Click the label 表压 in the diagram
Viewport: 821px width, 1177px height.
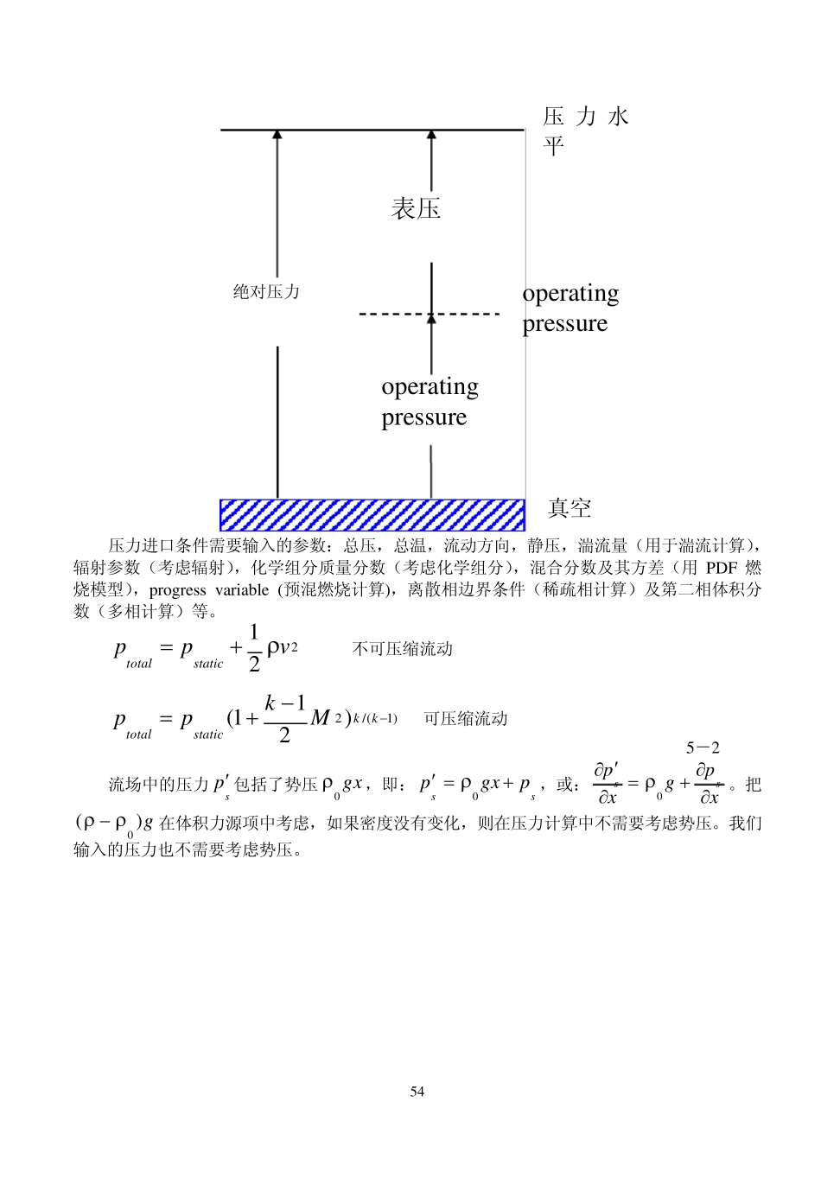click(416, 208)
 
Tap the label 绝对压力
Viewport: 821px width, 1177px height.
click(266, 292)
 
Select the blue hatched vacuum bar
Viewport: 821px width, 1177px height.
click(372, 515)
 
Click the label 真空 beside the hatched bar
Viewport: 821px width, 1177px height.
click(570, 508)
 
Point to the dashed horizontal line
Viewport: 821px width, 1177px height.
click(389, 314)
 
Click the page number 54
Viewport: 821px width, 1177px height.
click(417, 1091)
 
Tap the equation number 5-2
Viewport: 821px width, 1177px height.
click(703, 748)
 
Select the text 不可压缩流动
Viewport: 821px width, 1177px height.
click(403, 649)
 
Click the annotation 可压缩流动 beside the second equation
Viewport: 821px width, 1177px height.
click(465, 719)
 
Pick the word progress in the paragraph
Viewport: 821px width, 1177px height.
click(178, 590)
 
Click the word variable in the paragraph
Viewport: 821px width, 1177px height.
click(242, 590)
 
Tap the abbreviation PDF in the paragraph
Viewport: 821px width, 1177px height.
click(722, 568)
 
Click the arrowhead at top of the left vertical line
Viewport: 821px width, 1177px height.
click(277, 135)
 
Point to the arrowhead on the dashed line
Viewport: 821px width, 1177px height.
click(431, 318)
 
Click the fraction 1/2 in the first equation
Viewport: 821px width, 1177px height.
click(254, 648)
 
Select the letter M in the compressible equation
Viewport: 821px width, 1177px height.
click(320, 718)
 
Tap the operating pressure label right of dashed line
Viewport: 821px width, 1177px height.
click(570, 309)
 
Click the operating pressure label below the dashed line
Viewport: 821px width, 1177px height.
click(430, 402)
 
